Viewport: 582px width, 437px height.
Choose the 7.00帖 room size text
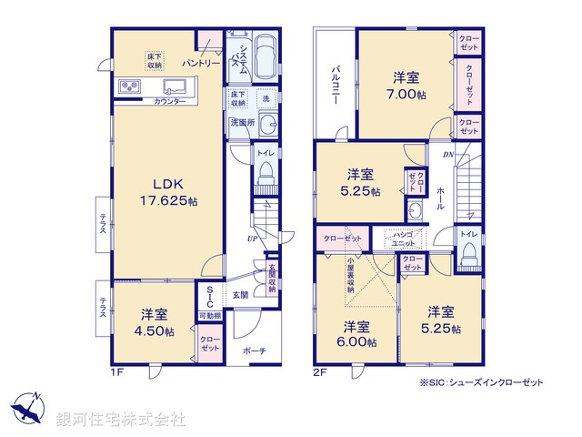(x=406, y=95)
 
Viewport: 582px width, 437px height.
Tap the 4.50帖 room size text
(x=152, y=330)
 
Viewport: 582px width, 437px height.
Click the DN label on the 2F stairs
(x=448, y=156)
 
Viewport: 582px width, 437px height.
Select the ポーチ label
(x=255, y=350)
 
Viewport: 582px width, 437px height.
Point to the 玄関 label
(x=239, y=293)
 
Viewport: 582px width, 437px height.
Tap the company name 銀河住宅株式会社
(x=120, y=419)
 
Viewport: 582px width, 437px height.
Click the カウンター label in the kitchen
(x=170, y=101)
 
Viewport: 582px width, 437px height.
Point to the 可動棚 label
(x=208, y=315)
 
